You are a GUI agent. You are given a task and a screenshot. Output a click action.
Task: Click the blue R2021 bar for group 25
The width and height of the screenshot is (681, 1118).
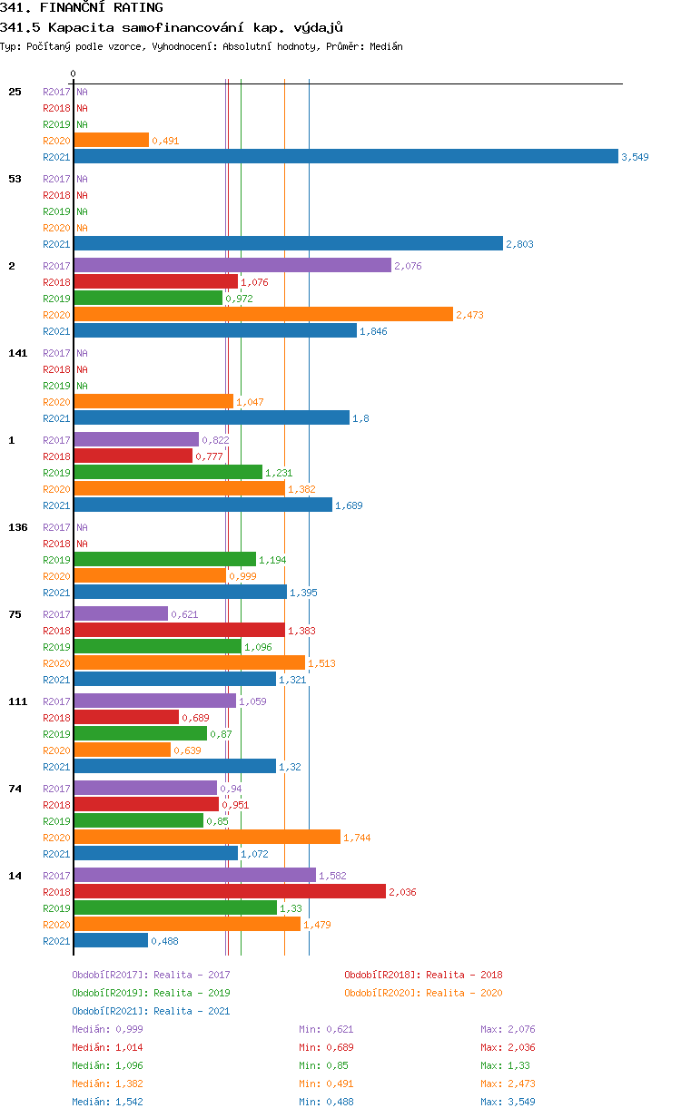pos(345,156)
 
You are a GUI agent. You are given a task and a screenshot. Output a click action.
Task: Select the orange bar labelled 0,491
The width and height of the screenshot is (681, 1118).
pos(111,140)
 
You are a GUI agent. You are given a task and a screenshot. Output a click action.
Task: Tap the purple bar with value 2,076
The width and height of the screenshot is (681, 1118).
pos(232,265)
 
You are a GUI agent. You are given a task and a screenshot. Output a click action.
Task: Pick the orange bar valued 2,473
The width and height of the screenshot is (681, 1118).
pos(263,314)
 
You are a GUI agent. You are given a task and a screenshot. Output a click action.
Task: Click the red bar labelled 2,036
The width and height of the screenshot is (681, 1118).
pos(230,891)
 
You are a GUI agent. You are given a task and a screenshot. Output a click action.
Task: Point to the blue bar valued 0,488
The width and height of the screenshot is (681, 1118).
pos(111,940)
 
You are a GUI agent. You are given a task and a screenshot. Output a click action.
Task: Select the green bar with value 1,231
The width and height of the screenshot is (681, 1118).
pos(168,472)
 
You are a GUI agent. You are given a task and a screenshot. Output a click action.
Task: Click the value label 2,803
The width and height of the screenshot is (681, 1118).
pos(520,244)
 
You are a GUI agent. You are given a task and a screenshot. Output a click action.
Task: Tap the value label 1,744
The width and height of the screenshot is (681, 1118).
pos(357,838)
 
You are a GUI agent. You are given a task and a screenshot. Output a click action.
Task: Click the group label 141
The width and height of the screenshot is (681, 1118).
pos(17,353)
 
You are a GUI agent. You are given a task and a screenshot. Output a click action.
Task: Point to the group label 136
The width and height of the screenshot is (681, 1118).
pos(17,527)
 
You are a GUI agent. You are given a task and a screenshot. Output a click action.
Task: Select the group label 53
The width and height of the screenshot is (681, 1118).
pos(15,179)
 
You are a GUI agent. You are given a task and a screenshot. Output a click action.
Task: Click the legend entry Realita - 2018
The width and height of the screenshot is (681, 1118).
pos(423,975)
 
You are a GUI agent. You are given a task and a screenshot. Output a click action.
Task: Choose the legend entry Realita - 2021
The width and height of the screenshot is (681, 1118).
pos(151,1011)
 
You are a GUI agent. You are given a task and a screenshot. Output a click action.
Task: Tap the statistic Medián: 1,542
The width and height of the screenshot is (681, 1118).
pos(107,1102)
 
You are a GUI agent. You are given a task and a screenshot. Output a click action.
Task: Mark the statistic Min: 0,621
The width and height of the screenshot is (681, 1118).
pos(326,1029)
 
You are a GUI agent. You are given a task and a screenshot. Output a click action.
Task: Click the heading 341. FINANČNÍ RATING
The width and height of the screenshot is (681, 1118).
pos(82,7)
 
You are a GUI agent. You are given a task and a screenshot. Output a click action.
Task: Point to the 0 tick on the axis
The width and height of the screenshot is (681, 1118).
pos(74,74)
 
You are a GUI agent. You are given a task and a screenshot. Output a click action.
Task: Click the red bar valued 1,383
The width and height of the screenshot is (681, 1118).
pos(179,630)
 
